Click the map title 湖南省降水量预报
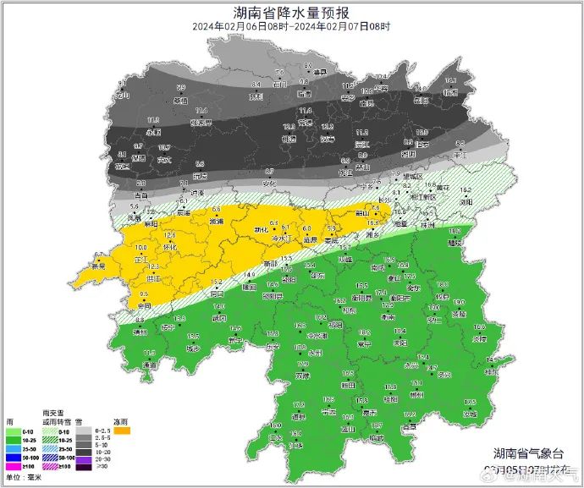291,12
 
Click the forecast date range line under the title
291,27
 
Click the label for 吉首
140,195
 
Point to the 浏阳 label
466,203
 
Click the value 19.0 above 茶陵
460,303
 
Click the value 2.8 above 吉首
140,184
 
